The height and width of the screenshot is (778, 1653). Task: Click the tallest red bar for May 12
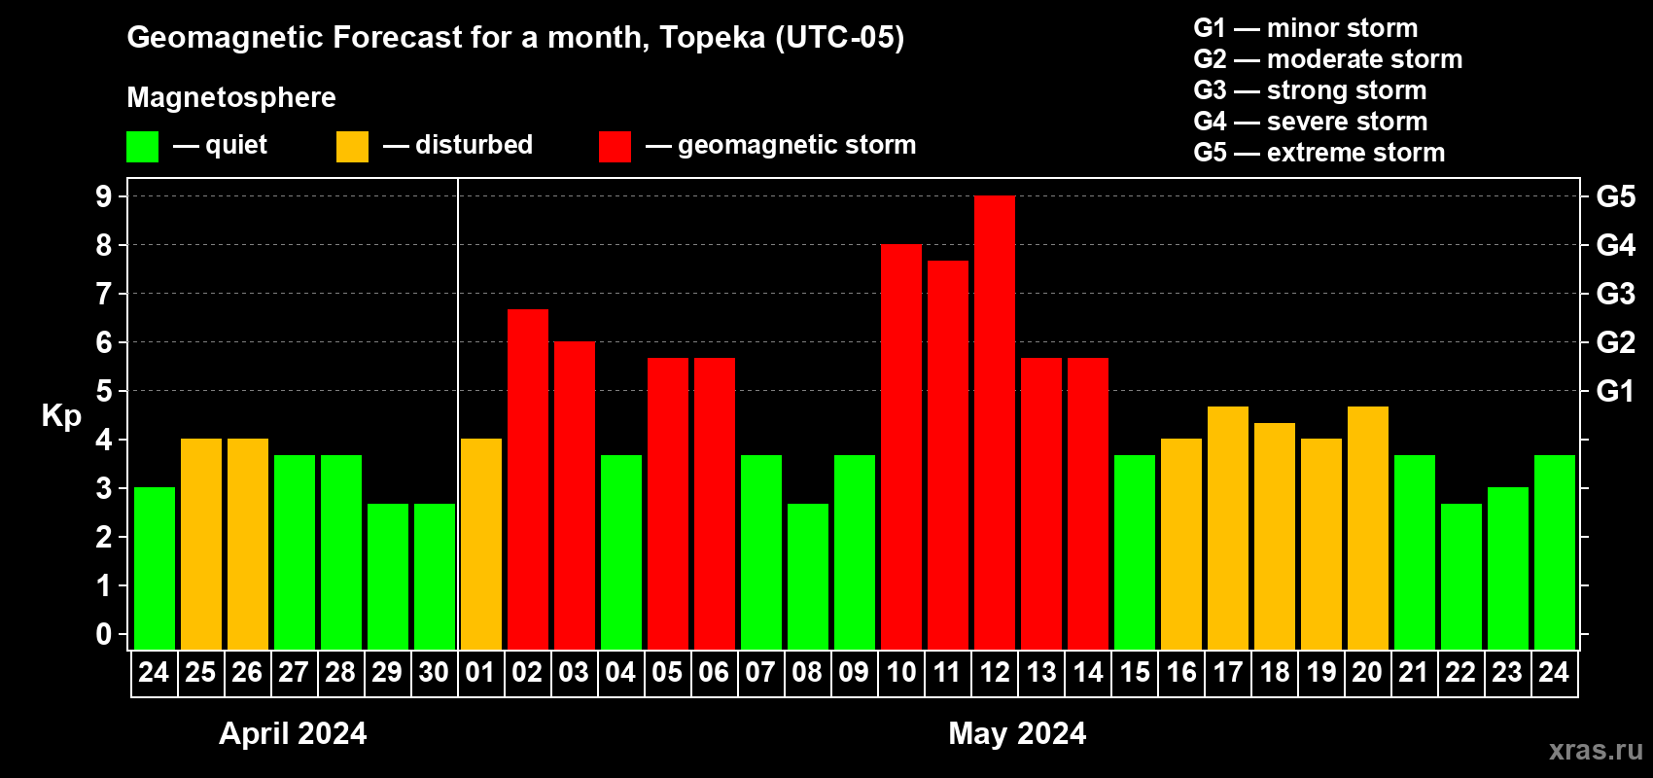(995, 423)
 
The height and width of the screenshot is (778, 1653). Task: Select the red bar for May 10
(901, 447)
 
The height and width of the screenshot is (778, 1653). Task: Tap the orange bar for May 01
(481, 545)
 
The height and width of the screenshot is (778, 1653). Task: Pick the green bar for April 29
(388, 577)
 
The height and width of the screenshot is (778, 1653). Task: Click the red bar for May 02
(528, 479)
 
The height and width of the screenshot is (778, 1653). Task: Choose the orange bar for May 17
(1228, 528)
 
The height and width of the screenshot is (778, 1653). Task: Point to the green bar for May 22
(1461, 577)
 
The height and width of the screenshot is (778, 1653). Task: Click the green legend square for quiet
(143, 147)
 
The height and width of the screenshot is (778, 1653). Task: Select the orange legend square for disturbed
(353, 147)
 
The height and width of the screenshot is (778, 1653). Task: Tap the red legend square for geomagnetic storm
(615, 147)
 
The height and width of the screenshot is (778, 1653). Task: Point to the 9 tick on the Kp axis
(104, 196)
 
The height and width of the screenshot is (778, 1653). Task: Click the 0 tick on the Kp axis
(104, 635)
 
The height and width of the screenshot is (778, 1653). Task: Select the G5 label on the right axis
(1615, 196)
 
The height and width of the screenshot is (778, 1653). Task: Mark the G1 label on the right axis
(1615, 391)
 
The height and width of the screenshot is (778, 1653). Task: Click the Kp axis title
(61, 416)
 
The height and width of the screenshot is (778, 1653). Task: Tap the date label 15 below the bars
(1135, 672)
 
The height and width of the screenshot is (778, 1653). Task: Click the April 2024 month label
(293, 733)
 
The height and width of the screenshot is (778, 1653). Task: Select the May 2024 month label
(1017, 733)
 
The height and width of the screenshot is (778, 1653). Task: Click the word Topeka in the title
(712, 37)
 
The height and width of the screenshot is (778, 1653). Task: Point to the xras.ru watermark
(1596, 750)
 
